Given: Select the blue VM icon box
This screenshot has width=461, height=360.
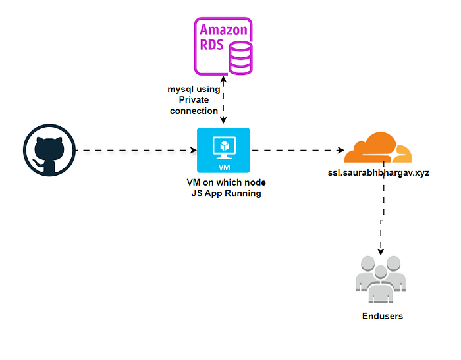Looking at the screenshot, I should pyautogui.click(x=223, y=150).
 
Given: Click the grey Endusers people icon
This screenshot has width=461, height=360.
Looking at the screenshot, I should pyautogui.click(x=378, y=277).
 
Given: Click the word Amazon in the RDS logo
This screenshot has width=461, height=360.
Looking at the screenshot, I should pyautogui.click(x=223, y=30).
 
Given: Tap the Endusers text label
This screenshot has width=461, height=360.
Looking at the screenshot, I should pyautogui.click(x=382, y=316).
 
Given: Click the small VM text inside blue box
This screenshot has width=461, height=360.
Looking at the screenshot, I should pyautogui.click(x=223, y=166).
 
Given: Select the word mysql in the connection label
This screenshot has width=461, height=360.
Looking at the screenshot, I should pyautogui.click(x=180, y=88).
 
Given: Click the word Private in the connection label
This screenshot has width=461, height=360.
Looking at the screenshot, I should pyautogui.click(x=194, y=99).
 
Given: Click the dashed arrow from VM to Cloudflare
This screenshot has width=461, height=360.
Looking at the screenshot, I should pyautogui.click(x=296, y=151).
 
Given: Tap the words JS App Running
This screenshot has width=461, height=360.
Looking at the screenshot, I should pyautogui.click(x=217, y=193).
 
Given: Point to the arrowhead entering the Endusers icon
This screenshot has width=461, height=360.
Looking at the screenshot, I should pyautogui.click(x=381, y=253).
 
